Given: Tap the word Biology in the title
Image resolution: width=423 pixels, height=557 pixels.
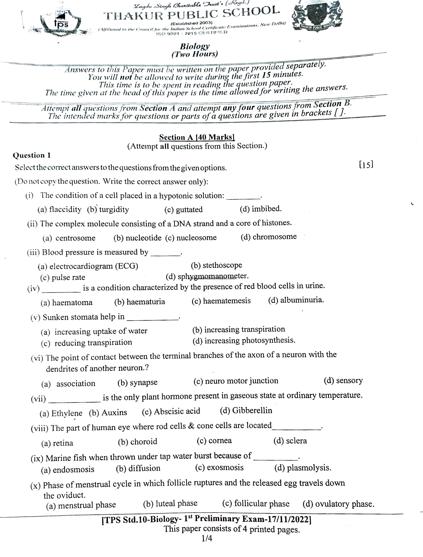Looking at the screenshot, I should (x=194, y=46).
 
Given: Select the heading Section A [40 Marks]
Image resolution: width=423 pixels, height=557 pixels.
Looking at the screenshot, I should (x=197, y=137).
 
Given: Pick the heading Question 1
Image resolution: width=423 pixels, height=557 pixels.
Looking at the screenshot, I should (x=32, y=155).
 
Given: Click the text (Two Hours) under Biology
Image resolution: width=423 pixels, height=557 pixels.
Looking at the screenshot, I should (x=194, y=54).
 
